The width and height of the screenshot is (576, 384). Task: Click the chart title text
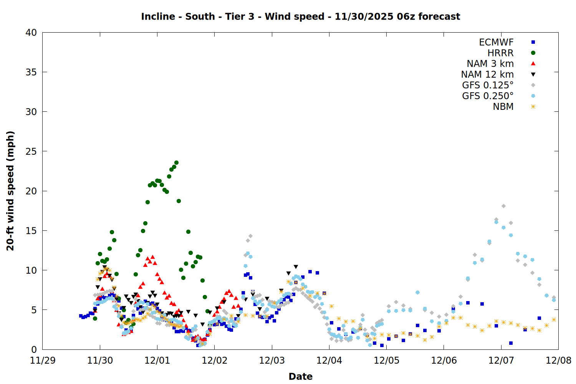click(300, 17)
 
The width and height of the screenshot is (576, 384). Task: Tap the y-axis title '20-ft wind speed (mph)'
click(10, 191)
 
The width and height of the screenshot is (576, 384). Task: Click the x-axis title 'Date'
click(300, 376)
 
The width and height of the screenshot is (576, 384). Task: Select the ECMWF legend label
click(496, 42)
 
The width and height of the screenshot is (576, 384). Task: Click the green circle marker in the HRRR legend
click(533, 53)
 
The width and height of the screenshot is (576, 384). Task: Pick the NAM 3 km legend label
click(490, 64)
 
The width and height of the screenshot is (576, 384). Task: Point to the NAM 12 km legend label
click(487, 74)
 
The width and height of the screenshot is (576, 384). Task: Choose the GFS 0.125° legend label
click(488, 85)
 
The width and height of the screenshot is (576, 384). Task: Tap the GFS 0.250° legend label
click(488, 96)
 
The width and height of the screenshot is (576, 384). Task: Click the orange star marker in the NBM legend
click(533, 107)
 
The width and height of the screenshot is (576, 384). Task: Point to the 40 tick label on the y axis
click(31, 33)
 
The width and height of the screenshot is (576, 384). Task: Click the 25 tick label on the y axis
click(31, 151)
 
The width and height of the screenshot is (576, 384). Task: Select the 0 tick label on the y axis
click(34, 349)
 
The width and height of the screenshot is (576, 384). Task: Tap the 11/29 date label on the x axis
click(43, 361)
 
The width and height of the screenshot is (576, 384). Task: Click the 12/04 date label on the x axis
click(329, 361)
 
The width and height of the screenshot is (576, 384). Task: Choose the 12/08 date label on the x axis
click(558, 361)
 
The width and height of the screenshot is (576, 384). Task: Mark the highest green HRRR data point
click(176, 163)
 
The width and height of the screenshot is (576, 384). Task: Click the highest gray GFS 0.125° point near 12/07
click(503, 206)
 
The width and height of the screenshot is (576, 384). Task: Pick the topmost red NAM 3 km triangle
click(152, 257)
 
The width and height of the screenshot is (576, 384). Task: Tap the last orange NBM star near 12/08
click(554, 319)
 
